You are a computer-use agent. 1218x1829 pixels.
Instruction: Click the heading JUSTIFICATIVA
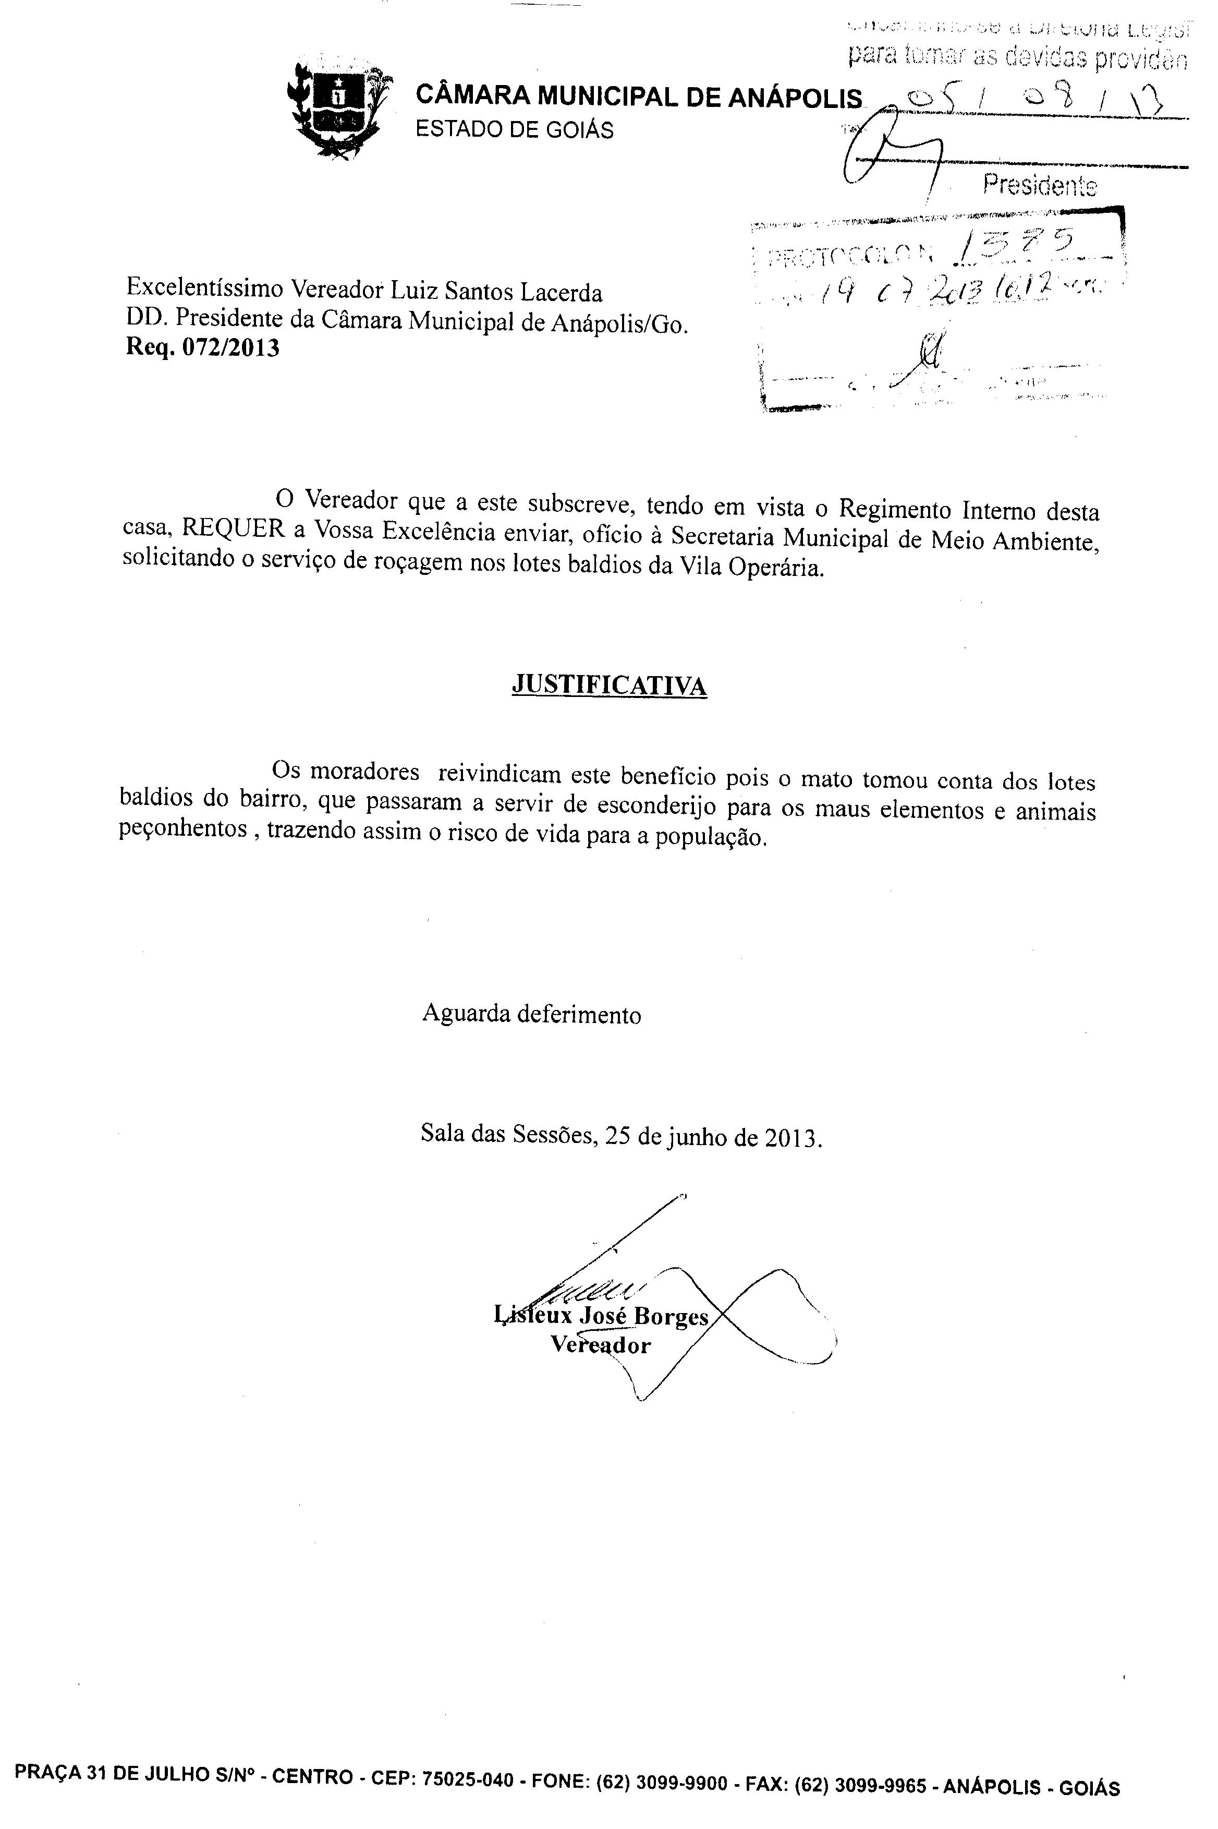609,685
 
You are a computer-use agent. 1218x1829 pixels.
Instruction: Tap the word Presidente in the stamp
1039,186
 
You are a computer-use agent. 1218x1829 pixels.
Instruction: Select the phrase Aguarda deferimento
531,1015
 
